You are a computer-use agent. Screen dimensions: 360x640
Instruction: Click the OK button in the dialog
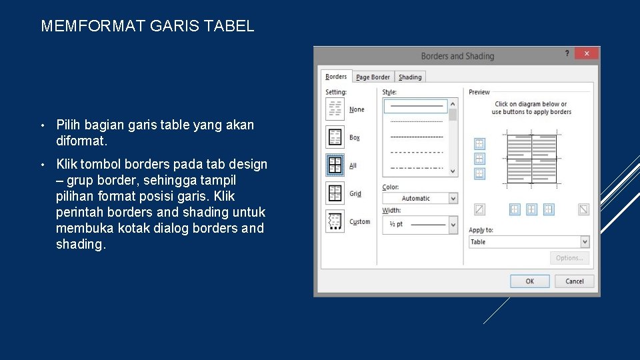click(x=530, y=281)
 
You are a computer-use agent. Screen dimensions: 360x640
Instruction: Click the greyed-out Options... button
click(x=569, y=258)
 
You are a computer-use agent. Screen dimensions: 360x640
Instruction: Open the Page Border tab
click(x=373, y=77)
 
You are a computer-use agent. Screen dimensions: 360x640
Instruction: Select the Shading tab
click(x=410, y=77)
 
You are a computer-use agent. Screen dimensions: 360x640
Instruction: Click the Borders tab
click(x=336, y=77)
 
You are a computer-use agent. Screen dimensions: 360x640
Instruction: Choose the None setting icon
click(x=335, y=109)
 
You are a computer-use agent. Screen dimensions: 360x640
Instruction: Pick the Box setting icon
click(x=335, y=137)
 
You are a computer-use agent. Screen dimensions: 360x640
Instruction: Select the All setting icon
click(x=335, y=165)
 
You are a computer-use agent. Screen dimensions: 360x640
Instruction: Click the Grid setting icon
click(x=335, y=193)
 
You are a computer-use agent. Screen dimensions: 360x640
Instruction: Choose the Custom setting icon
click(x=335, y=221)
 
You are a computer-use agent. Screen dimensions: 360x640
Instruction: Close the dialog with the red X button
click(x=587, y=53)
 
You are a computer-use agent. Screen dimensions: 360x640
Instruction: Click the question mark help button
click(x=567, y=53)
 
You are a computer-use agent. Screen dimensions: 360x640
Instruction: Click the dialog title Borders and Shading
click(x=457, y=56)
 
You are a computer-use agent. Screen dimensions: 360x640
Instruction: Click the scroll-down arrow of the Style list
click(x=453, y=171)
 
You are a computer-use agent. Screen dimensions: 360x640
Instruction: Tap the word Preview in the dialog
click(x=479, y=92)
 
